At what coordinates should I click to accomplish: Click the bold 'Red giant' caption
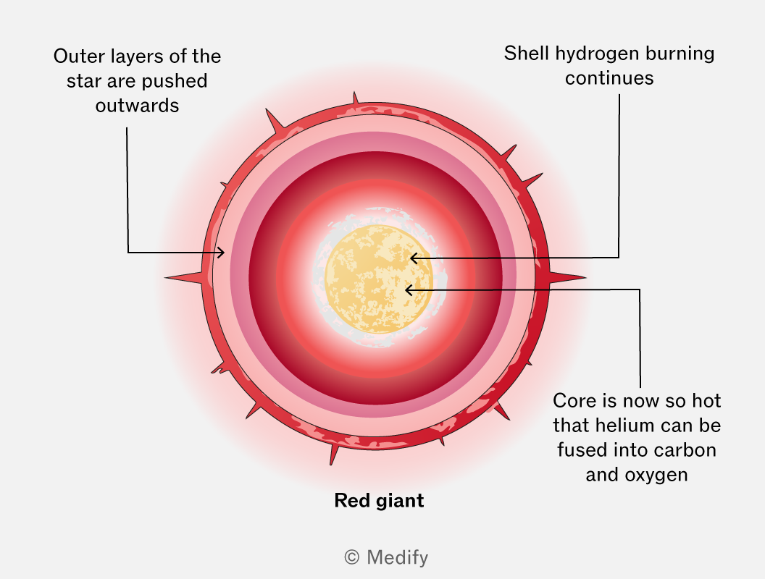[379, 501]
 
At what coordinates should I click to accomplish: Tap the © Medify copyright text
[386, 557]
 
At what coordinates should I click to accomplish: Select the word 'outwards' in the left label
[137, 105]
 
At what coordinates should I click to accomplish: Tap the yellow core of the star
[379, 280]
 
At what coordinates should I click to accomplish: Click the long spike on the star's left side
[183, 278]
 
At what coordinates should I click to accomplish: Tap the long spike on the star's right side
[567, 278]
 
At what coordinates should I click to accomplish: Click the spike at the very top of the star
[355, 98]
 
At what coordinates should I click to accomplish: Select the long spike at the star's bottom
[334, 455]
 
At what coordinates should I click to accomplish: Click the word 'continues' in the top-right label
[609, 78]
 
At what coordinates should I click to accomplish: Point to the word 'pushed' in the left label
[174, 81]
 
